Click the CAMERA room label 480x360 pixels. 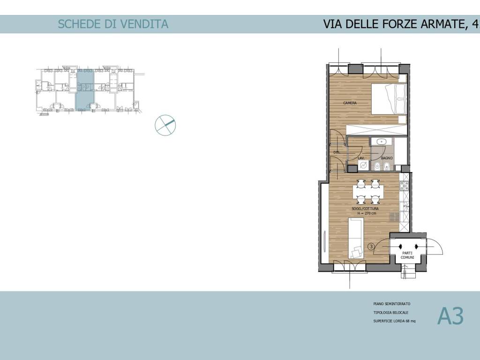point(350,103)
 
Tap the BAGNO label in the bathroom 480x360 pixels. point(387,158)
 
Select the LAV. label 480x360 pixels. point(361,158)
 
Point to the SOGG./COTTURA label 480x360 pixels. point(365,209)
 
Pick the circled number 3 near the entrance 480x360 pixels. point(371,246)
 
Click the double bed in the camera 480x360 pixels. point(389,99)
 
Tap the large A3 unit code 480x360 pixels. point(450,316)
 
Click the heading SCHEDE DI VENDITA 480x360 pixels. point(113,24)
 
